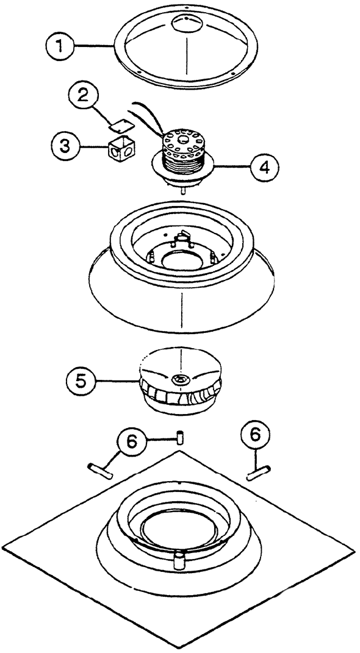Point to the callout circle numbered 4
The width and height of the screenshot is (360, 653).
(264, 166)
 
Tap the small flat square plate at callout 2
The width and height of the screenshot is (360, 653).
(121, 124)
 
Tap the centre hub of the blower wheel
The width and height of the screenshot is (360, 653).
(180, 379)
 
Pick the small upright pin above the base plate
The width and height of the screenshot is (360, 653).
(180, 438)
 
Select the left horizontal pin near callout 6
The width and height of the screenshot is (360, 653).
(101, 471)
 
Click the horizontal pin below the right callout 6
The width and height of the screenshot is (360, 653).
(259, 474)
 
